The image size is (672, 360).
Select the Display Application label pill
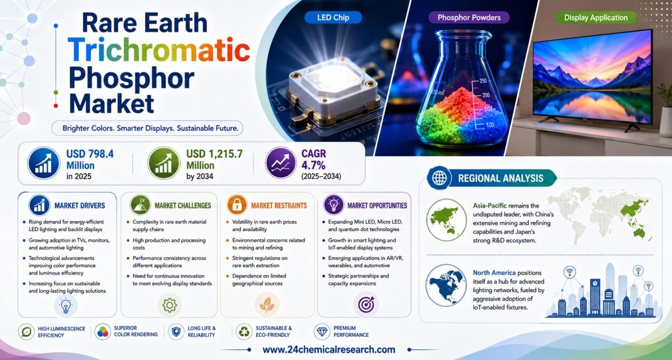(596, 17)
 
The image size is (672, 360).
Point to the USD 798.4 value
(90, 154)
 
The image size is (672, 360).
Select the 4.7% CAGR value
(315, 165)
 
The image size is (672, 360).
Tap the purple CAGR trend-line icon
(281, 163)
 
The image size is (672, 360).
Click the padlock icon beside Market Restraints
(237, 205)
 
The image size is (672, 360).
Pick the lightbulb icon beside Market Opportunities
(334, 205)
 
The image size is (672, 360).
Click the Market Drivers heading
(80, 206)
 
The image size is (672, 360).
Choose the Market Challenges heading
(183, 206)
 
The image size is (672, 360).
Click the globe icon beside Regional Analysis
(439, 178)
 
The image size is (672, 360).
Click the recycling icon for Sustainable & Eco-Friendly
(244, 331)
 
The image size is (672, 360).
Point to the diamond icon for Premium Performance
(322, 331)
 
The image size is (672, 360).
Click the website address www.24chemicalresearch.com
(329, 350)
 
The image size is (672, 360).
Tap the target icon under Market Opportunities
(365, 304)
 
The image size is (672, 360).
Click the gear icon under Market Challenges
(170, 304)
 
